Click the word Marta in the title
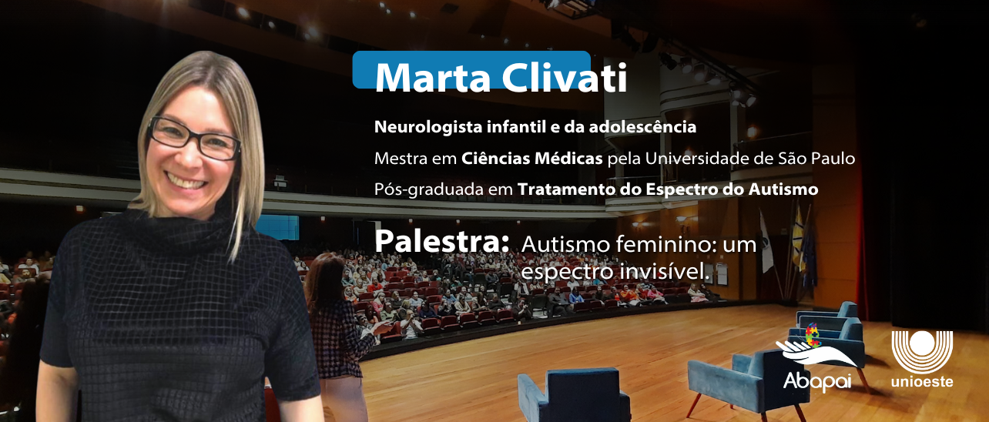coord(433,78)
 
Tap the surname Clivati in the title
coord(565,77)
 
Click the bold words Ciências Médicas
coord(531,158)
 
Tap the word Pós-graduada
coord(429,189)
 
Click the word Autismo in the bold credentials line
coord(783,189)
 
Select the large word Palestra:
coord(441,242)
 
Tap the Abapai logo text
coord(816,381)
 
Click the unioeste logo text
coord(922,381)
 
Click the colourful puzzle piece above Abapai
coord(813,336)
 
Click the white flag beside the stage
coord(766,242)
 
